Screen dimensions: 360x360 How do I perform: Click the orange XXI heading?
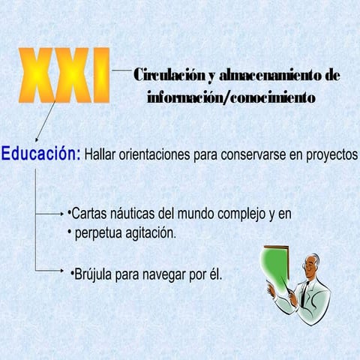coord(65,75)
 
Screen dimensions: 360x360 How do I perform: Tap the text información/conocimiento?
coord(232,97)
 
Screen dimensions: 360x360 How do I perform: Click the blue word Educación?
coord(40,153)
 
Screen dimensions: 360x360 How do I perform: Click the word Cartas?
coord(89,214)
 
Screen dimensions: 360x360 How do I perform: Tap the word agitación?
coord(151,233)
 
